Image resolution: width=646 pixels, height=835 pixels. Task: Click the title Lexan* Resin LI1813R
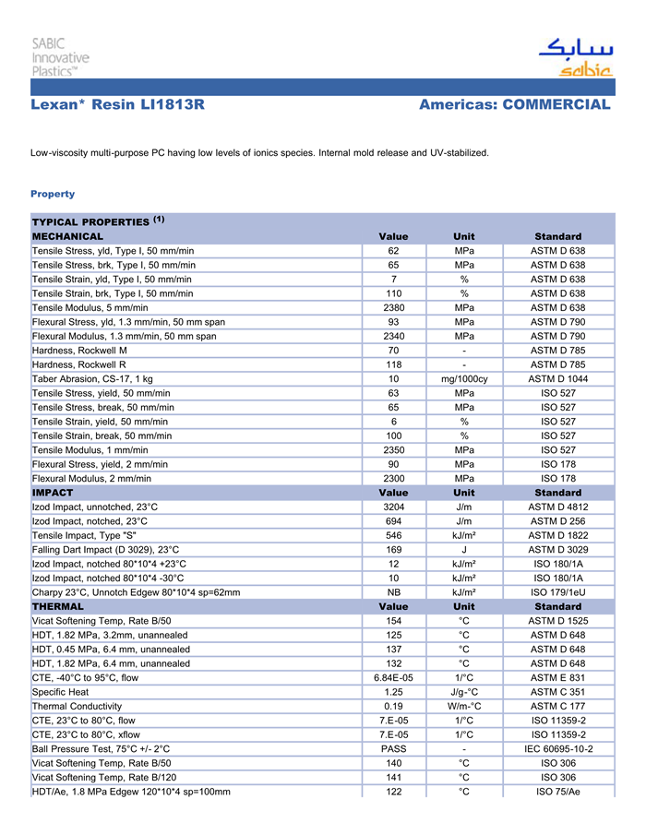(117, 105)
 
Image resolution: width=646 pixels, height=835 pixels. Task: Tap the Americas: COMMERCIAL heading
(514, 105)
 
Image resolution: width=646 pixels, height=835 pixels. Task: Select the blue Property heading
(53, 194)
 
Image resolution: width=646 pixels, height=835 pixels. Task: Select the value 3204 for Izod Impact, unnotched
(393, 507)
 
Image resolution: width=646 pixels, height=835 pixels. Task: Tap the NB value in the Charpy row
(393, 592)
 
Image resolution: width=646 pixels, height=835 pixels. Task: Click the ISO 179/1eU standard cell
(557, 592)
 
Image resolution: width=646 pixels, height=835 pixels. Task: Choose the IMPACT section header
(53, 493)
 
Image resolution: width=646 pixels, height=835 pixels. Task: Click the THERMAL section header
(58, 607)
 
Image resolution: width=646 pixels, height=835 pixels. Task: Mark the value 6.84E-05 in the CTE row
(393, 678)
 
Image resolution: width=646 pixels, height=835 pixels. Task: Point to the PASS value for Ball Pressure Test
(393, 749)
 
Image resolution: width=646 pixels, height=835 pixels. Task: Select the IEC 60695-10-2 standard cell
(557, 749)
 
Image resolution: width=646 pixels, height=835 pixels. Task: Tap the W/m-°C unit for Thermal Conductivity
(464, 707)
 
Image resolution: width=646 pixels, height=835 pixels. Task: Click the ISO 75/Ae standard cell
(557, 792)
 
